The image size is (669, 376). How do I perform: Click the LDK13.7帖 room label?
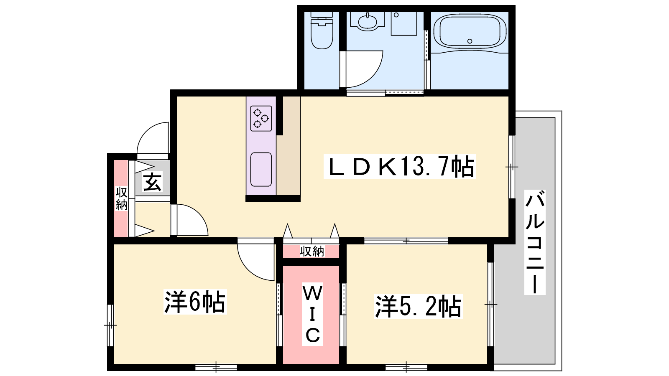click(400, 166)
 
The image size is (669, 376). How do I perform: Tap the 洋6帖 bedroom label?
click(195, 302)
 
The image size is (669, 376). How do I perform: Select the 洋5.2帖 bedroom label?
click(419, 307)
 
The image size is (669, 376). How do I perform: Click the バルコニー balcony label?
click(535, 242)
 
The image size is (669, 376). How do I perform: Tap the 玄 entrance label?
click(153, 182)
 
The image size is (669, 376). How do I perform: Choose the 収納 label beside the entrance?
click(122, 199)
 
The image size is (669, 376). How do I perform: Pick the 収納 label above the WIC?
click(312, 252)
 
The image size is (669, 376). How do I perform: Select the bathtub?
click(470, 31)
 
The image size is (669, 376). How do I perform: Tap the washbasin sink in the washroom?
click(368, 21)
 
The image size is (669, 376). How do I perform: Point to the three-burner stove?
click(261, 119)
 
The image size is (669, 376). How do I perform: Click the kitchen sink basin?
click(261, 170)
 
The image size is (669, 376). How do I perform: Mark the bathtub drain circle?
click(470, 41)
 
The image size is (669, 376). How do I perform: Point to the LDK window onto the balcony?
click(512, 167)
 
